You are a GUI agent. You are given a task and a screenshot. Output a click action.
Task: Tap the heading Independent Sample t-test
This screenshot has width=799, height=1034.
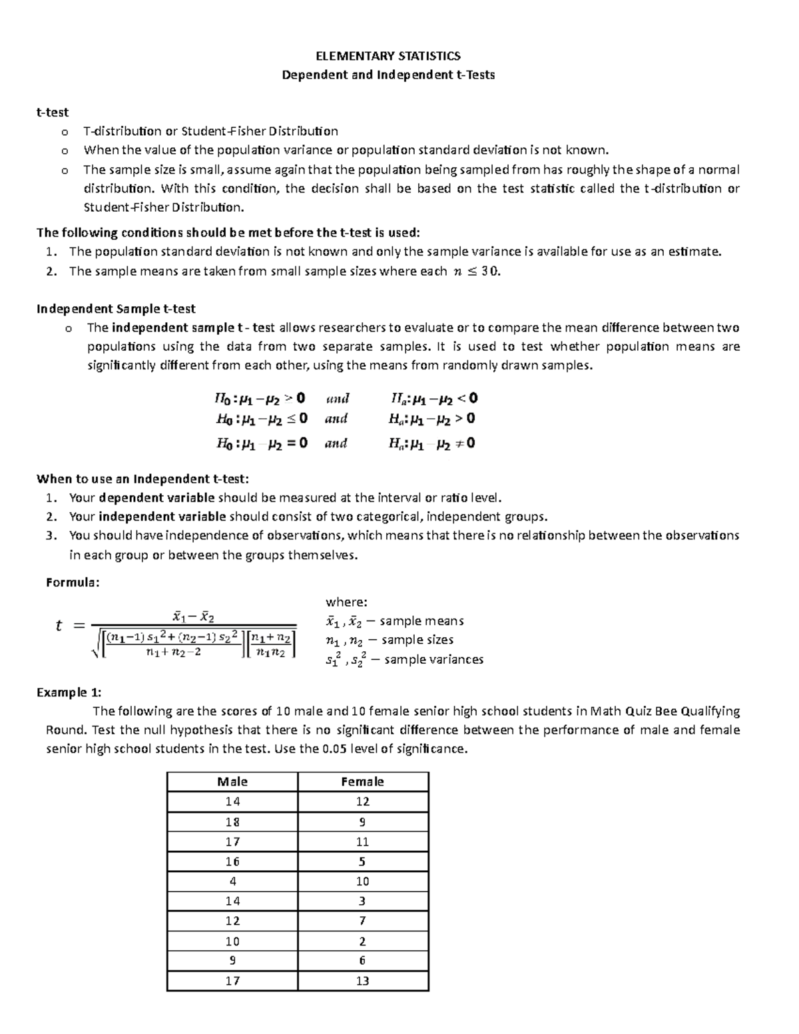point(116,308)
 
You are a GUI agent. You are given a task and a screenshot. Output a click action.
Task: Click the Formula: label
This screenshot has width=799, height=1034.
point(73,583)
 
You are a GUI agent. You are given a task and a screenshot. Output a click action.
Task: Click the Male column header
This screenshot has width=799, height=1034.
point(232,782)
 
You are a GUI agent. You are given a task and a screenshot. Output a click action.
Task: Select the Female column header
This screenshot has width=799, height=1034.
point(362,782)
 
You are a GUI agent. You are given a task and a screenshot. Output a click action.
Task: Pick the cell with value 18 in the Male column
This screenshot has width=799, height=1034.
point(232,822)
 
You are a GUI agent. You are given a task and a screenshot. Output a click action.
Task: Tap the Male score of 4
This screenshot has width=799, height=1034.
point(232,881)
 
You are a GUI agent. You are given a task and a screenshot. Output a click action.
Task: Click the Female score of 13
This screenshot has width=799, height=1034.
point(362,981)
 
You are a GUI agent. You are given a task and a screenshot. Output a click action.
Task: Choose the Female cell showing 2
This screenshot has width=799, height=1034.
point(362,941)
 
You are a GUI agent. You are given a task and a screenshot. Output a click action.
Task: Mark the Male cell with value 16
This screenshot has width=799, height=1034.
point(232,862)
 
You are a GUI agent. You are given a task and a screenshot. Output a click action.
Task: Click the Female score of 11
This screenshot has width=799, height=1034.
point(362,842)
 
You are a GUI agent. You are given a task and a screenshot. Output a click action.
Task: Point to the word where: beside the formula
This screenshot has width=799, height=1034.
point(346,602)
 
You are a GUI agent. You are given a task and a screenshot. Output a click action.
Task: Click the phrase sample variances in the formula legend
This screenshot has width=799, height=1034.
point(434,660)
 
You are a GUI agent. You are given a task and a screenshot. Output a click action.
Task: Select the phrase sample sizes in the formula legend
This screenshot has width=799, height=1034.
point(417,640)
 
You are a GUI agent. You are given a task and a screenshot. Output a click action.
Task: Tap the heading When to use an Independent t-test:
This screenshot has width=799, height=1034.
point(142,479)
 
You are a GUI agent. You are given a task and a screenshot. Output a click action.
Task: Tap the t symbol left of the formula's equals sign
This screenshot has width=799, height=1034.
point(59,625)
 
